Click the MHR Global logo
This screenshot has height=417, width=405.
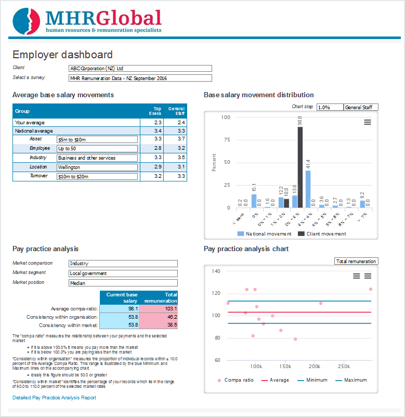(87, 20)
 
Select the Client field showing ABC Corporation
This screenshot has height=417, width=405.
(140, 68)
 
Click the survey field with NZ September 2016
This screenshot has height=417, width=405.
(140, 79)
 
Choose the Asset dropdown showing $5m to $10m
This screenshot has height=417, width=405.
(97, 139)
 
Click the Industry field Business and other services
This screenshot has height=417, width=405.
(97, 158)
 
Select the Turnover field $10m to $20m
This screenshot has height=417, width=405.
(97, 177)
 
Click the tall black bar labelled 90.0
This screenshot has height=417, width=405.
(300, 166)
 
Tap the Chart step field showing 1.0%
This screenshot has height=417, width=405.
(330, 107)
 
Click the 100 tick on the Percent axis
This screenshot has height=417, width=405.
(226, 117)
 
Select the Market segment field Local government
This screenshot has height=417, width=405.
(123, 273)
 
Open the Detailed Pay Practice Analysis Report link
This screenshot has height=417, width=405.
(54, 398)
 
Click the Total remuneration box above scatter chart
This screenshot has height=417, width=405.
(356, 262)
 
